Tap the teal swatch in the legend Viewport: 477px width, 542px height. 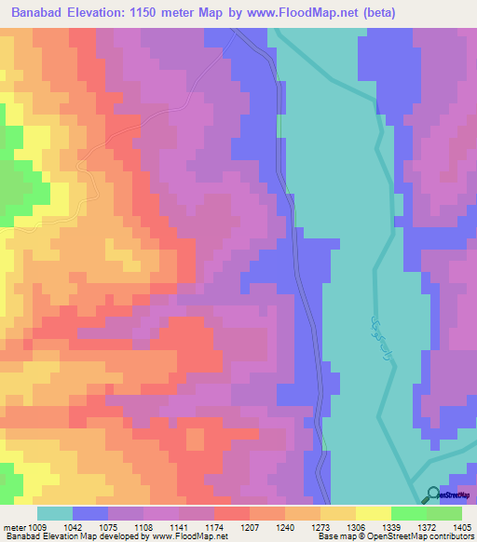pos(54,512)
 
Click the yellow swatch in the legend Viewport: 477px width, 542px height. pos(373,512)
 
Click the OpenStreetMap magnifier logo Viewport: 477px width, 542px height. pos(432,495)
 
